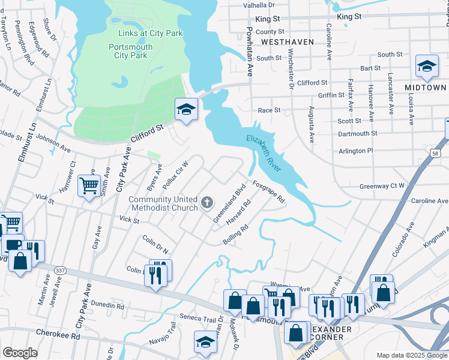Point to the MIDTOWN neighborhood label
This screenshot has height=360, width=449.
pyautogui.click(x=425, y=88)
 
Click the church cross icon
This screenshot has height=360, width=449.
pyautogui.click(x=207, y=203)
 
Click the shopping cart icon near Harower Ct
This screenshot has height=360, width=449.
pyautogui.click(x=89, y=187)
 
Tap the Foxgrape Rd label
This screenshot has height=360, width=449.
pyautogui.click(x=268, y=192)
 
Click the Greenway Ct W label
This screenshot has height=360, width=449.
pyautogui.click(x=382, y=186)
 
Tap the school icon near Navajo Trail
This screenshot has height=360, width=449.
pyautogui.click(x=205, y=342)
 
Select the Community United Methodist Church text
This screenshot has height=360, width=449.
pyautogui.click(x=163, y=204)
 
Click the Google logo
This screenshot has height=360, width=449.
pyautogui.click(x=20, y=353)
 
